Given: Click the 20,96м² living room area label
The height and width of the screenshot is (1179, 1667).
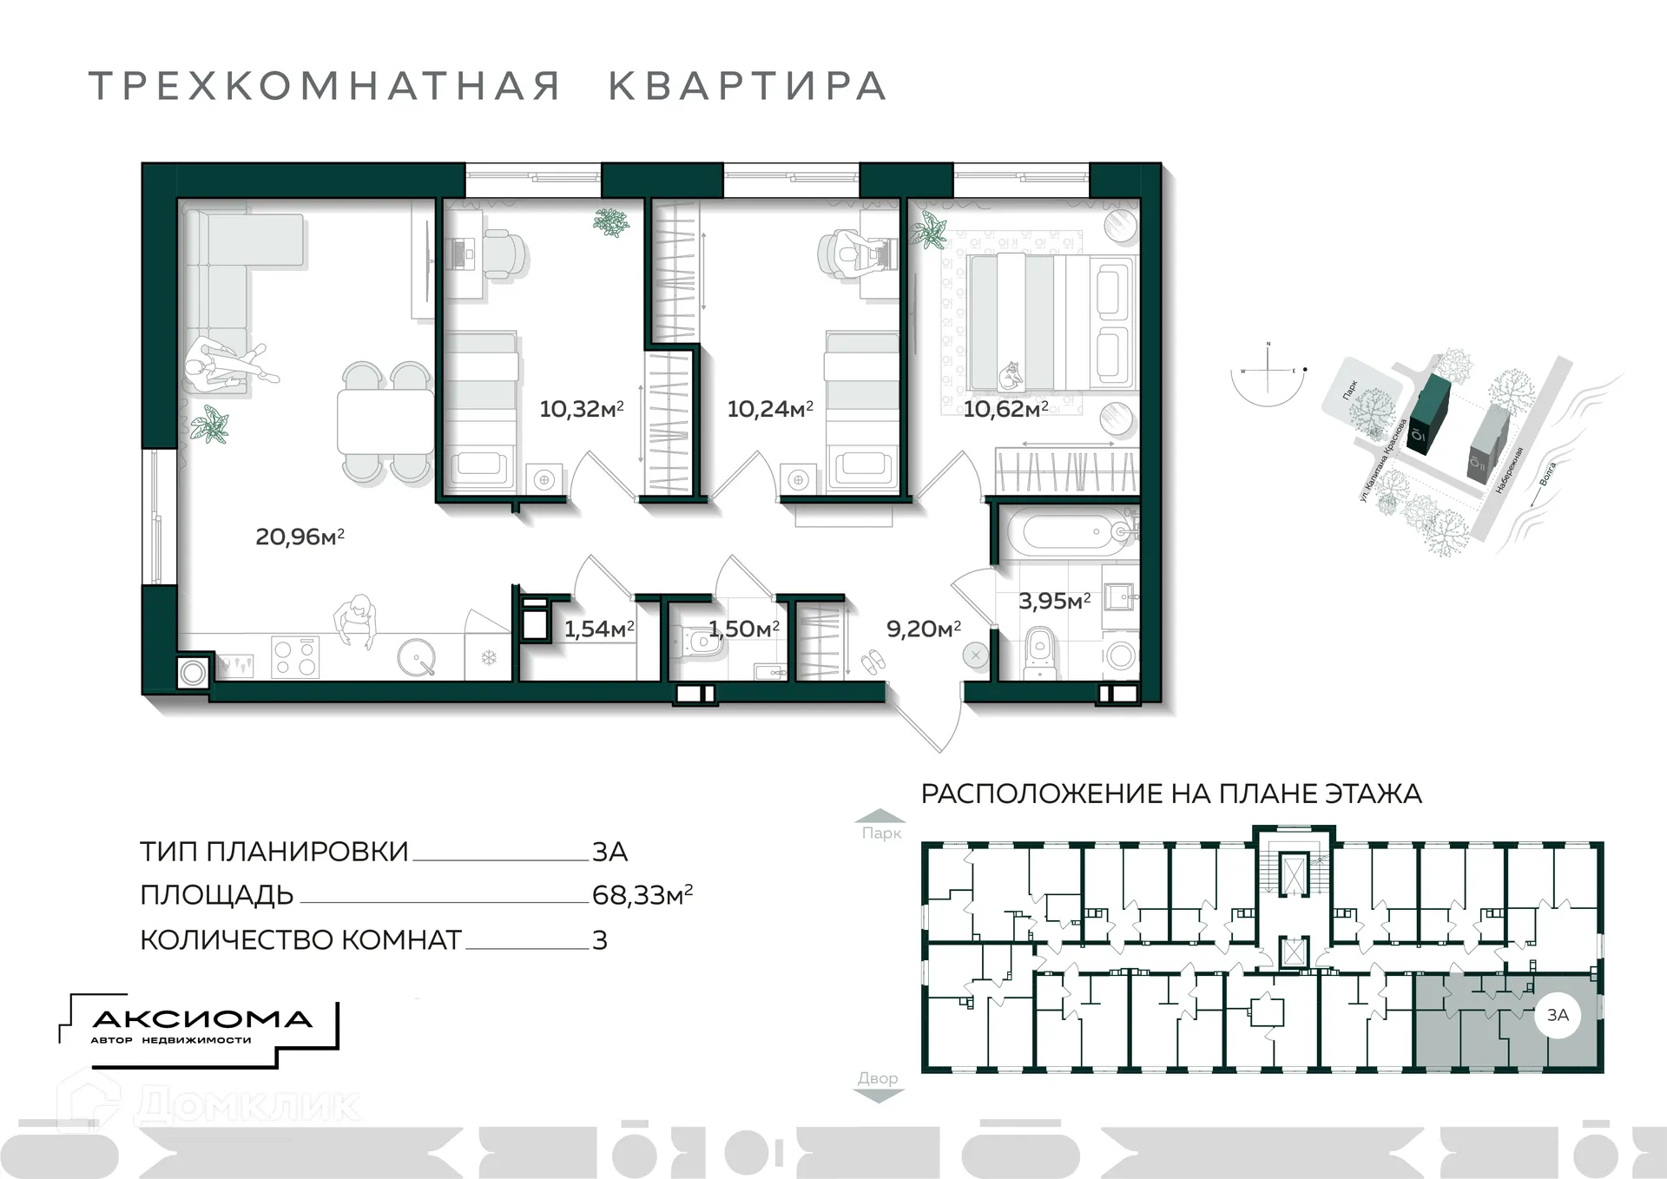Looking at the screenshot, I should pyautogui.click(x=300, y=537).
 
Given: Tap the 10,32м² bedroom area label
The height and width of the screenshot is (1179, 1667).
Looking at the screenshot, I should pyautogui.click(x=581, y=408).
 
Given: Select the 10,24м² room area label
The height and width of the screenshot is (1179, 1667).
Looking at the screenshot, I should pyautogui.click(x=769, y=408).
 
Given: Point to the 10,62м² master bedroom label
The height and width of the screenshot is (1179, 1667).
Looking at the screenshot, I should pyautogui.click(x=1005, y=408).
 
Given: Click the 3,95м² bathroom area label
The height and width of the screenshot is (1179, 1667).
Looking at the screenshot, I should pyautogui.click(x=1054, y=601).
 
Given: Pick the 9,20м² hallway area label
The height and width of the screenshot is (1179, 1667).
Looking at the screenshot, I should pyautogui.click(x=923, y=629).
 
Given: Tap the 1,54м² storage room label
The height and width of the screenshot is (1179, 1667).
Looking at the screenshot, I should pyautogui.click(x=599, y=629).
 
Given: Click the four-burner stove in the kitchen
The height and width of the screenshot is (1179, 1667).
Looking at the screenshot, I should pyautogui.click(x=295, y=656).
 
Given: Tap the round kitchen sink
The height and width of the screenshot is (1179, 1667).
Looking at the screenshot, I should pyautogui.click(x=417, y=658).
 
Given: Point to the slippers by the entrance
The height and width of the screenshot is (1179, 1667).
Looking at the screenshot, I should pyautogui.click(x=873, y=663).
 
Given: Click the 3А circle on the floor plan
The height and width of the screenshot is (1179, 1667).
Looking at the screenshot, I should pyautogui.click(x=1558, y=1014).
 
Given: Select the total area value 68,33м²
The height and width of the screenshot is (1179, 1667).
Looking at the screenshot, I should pyautogui.click(x=642, y=895).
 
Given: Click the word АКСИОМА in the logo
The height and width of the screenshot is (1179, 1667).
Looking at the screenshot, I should pyautogui.click(x=201, y=1019).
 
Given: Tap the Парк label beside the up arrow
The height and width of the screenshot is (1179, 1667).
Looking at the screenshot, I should pyautogui.click(x=881, y=833).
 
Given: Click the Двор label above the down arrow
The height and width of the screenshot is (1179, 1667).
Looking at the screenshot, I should pyautogui.click(x=878, y=1077).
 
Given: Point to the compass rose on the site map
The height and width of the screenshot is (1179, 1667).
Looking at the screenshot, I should pyautogui.click(x=1268, y=372).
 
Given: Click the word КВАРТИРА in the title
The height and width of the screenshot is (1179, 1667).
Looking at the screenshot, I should pyautogui.click(x=747, y=86).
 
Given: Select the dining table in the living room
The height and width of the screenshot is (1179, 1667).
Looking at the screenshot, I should pyautogui.click(x=385, y=421).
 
